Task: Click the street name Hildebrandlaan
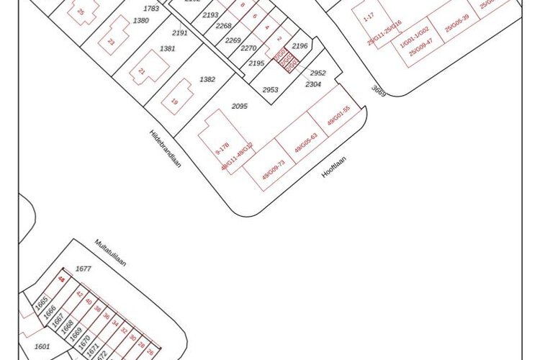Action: (165, 148)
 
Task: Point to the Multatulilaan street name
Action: (110, 253)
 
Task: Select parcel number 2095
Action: (240, 106)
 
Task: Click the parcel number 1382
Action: (207, 79)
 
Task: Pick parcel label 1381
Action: (167, 48)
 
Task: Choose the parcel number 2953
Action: (270, 90)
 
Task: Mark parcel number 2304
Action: (313, 84)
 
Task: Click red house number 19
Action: (174, 102)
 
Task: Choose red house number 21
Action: (142, 72)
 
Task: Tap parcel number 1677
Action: (84, 269)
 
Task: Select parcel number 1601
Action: (42, 347)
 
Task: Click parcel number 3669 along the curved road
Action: (379, 91)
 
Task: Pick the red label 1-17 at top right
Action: (369, 16)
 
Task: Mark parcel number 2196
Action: (300, 46)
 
